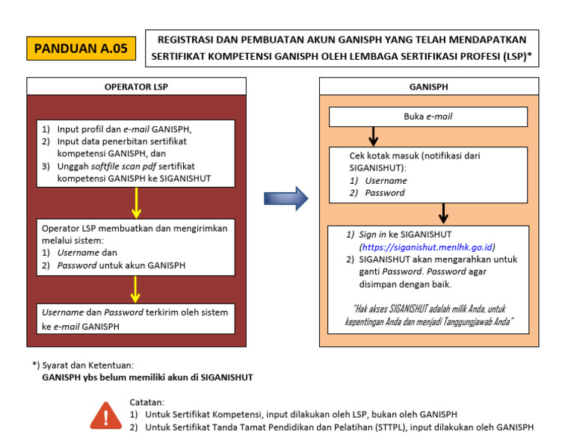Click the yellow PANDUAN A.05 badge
[x=81, y=49]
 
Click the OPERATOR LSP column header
[x=136, y=86]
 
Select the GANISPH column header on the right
[x=428, y=86]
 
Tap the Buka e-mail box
[x=428, y=117]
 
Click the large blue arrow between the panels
[x=286, y=198]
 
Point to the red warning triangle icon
[x=105, y=414]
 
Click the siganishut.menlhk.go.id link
[x=428, y=247]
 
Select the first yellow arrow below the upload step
[x=136, y=201]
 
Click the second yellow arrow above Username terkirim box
[x=136, y=289]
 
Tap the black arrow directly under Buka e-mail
[x=374, y=137]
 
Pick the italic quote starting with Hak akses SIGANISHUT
[x=428, y=315]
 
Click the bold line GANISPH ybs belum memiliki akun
[x=146, y=377]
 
